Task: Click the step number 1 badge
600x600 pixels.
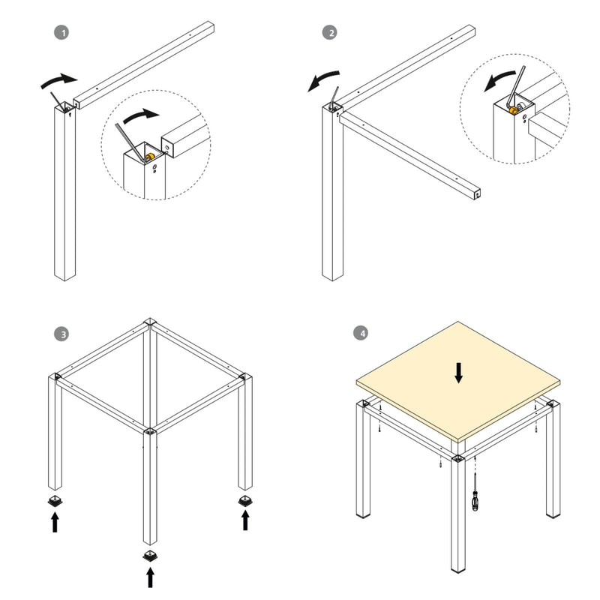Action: (x=64, y=33)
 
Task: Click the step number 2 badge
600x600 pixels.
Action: (x=328, y=33)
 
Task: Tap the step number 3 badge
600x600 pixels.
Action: (x=64, y=333)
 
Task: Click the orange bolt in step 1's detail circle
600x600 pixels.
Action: (x=149, y=157)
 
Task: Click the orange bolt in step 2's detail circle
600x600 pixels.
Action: (x=514, y=111)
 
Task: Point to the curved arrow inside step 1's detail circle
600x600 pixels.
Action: (x=141, y=115)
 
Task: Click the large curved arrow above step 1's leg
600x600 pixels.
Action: (x=58, y=80)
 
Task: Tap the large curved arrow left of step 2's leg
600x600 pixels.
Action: (x=322, y=79)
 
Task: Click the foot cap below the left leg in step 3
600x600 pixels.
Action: (x=55, y=501)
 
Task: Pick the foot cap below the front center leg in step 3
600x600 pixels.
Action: (x=150, y=555)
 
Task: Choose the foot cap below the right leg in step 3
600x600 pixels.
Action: (x=245, y=500)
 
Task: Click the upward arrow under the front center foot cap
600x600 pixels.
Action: (x=150, y=577)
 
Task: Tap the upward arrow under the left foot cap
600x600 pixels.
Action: (x=55, y=522)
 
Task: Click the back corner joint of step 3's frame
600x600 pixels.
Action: (x=151, y=324)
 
